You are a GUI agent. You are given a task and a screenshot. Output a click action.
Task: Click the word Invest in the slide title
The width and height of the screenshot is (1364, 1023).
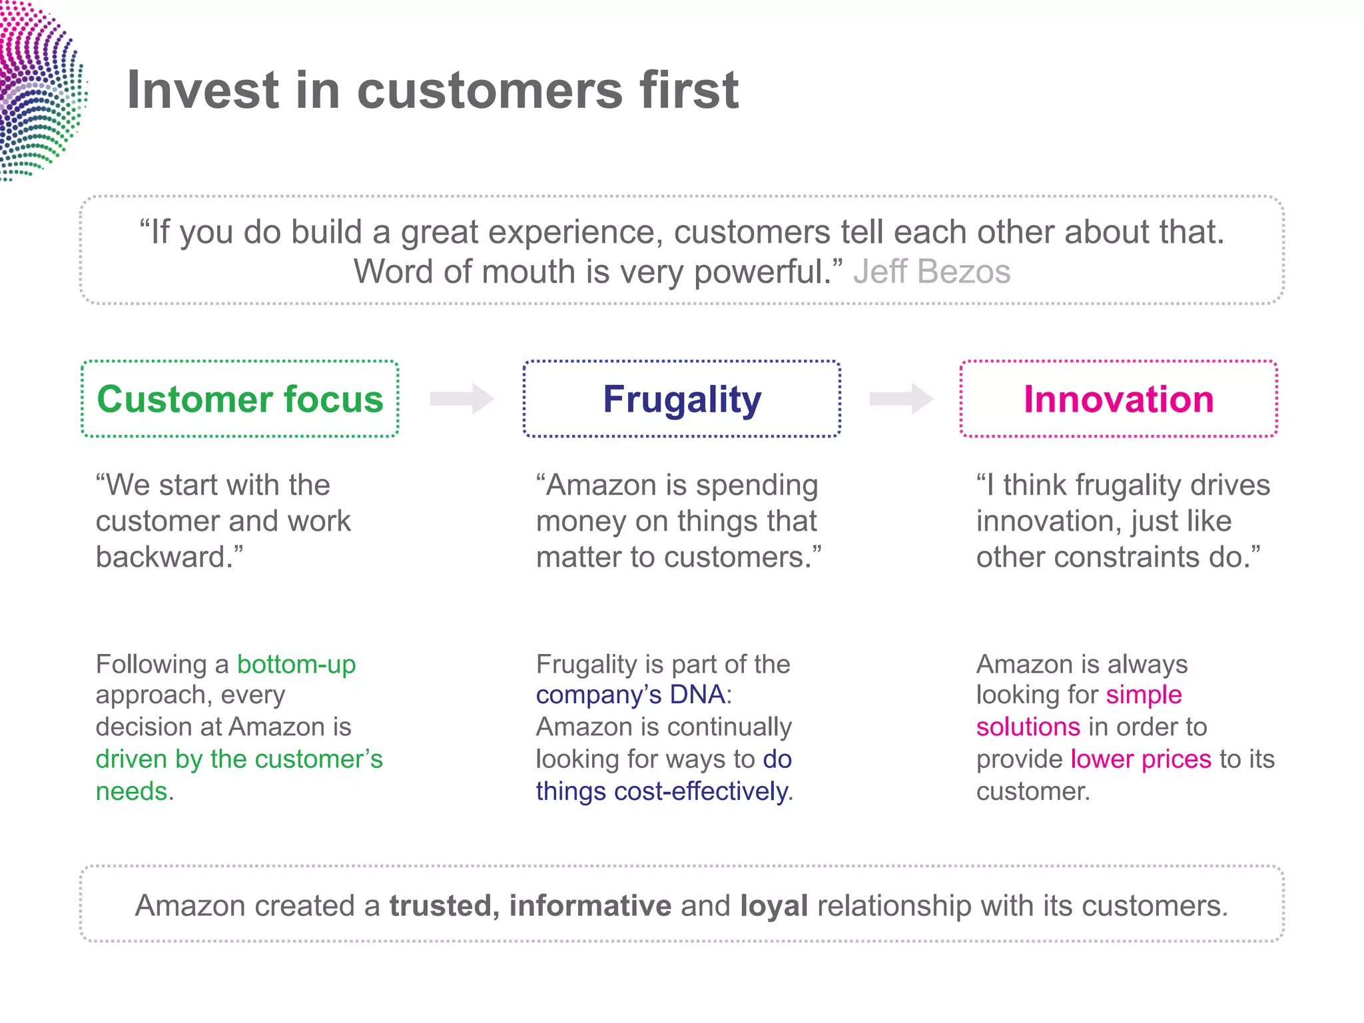coord(202,91)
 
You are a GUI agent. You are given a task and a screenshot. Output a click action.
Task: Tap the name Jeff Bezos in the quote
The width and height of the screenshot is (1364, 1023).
coord(931,272)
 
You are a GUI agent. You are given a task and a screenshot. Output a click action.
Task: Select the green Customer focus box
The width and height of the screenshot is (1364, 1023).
coord(240,399)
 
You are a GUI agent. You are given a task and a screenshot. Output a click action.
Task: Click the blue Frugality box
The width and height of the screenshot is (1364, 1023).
coord(681,399)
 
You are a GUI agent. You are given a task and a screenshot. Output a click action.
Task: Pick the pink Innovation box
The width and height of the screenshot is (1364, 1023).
coord(1118,399)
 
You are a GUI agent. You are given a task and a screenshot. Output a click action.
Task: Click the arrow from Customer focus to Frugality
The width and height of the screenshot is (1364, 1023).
coord(462,399)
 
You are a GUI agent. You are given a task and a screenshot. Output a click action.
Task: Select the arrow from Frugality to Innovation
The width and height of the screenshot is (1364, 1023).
coord(901,399)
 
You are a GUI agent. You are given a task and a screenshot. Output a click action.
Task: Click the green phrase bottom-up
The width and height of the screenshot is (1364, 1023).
coord(296,664)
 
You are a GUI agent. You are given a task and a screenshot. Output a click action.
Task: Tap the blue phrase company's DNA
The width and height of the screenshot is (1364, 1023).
coord(630,695)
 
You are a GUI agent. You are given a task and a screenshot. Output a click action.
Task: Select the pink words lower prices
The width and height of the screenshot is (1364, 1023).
coord(1140,759)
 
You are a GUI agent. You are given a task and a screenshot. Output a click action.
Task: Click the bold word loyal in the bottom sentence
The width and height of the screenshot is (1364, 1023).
coord(774,906)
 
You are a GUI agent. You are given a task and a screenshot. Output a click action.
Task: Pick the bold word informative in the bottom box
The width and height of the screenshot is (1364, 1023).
coord(590,906)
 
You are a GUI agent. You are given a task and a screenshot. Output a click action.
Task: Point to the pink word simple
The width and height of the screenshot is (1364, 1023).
coord(1144,695)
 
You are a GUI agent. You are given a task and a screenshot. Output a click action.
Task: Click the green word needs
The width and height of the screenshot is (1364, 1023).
coord(131,791)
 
